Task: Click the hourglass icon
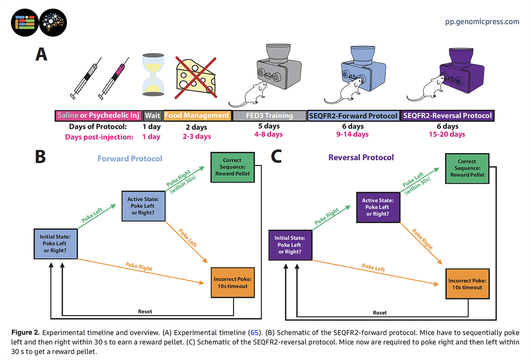(x=153, y=75)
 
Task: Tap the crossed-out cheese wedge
(x=196, y=77)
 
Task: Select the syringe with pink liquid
(x=114, y=78)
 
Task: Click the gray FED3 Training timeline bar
(x=269, y=116)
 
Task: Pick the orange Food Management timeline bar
(x=197, y=115)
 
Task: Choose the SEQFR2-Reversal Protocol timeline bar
(x=447, y=116)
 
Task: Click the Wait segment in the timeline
(x=152, y=115)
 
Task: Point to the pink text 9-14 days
(x=353, y=134)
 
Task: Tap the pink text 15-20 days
(x=447, y=134)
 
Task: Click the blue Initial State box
(x=55, y=244)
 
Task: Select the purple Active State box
(x=378, y=207)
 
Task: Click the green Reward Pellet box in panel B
(x=233, y=167)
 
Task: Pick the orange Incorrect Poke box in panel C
(x=467, y=283)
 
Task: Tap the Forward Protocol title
(x=130, y=159)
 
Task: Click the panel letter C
(x=277, y=156)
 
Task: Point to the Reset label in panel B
(x=145, y=311)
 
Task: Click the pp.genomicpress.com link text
(x=482, y=22)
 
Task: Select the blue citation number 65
(x=254, y=333)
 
